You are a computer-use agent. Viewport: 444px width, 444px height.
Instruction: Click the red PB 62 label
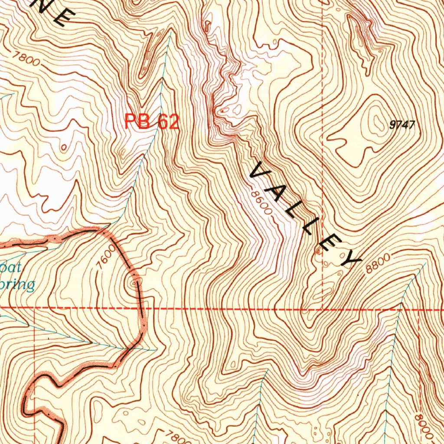151,121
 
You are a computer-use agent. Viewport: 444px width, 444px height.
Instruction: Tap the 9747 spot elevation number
402,125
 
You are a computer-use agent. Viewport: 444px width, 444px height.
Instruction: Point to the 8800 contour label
377,263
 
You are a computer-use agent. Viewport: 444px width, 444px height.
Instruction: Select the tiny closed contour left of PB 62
64,148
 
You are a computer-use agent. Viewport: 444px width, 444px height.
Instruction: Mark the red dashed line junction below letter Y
323,310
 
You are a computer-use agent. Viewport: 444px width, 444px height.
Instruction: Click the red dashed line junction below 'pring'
35,308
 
